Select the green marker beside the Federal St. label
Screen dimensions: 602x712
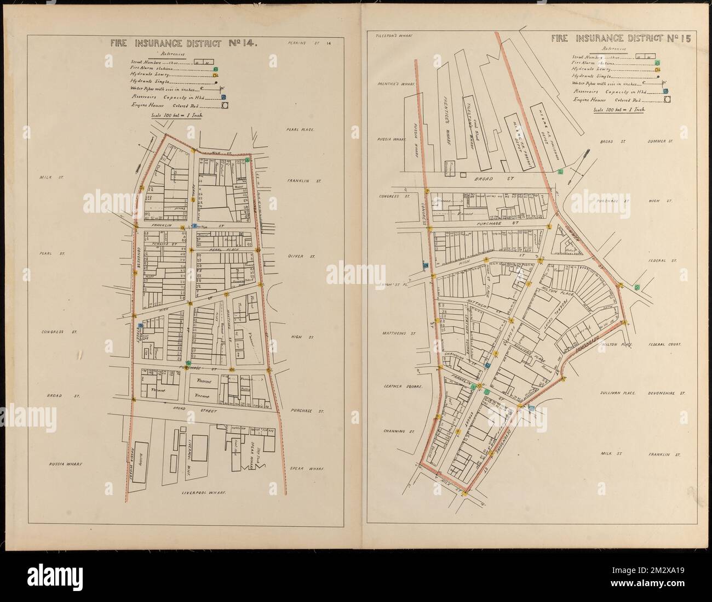tap(638, 287)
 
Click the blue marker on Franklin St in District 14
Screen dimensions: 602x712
tap(194, 225)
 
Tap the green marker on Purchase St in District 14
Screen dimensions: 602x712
tap(189, 363)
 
